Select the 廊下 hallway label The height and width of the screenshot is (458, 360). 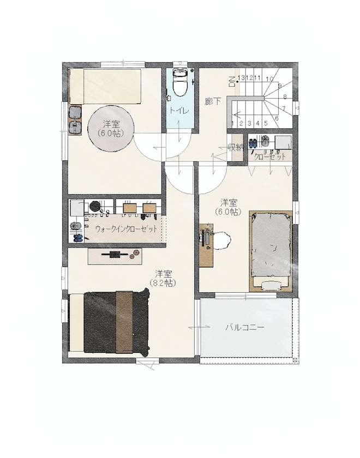click(x=212, y=101)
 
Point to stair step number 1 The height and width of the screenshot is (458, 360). click(x=233, y=124)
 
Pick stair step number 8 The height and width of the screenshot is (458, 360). click(x=285, y=97)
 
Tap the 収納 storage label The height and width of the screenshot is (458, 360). click(x=235, y=147)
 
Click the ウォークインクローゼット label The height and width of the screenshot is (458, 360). click(x=126, y=229)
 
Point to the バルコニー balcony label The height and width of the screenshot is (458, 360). click(x=245, y=328)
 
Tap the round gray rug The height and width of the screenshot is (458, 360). click(x=110, y=128)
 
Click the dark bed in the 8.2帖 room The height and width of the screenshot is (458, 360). click(x=116, y=322)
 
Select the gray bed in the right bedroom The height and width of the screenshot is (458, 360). click(x=271, y=248)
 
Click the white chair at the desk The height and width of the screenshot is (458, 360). click(x=222, y=240)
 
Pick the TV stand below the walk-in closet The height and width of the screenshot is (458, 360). click(x=115, y=255)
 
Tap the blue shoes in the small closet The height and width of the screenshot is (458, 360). click(x=254, y=144)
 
